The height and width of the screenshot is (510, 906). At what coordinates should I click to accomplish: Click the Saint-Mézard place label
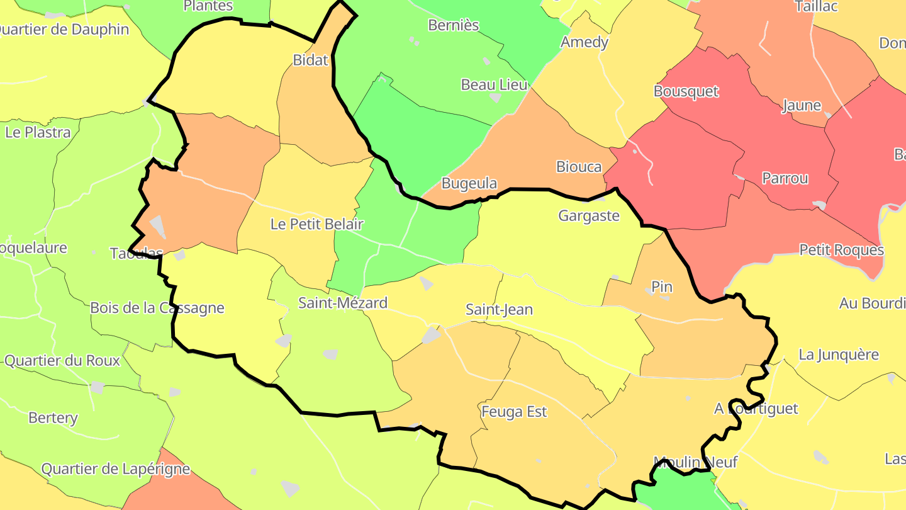click(342, 303)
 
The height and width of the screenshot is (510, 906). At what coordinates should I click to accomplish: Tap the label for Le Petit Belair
click(316, 224)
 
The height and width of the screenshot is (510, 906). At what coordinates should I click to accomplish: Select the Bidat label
click(311, 60)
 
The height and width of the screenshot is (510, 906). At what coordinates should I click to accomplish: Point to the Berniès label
click(453, 25)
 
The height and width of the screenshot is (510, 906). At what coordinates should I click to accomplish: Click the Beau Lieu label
click(494, 84)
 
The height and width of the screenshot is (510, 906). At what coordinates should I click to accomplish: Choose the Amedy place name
click(584, 42)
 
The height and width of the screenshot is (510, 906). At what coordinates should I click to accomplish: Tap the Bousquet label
click(686, 91)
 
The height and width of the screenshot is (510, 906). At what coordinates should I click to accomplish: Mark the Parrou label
click(785, 178)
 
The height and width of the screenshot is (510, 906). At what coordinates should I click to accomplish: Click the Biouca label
click(579, 167)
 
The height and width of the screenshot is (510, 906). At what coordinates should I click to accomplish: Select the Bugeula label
click(469, 184)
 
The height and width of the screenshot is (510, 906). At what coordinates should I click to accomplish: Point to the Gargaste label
click(589, 216)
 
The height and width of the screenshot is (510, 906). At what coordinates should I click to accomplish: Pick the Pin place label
click(662, 287)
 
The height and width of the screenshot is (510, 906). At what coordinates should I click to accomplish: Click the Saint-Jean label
click(499, 310)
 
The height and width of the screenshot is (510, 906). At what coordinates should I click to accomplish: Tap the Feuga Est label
click(514, 412)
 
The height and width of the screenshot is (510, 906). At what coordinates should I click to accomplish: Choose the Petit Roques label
click(841, 250)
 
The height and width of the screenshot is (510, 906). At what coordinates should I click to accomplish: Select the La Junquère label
click(838, 354)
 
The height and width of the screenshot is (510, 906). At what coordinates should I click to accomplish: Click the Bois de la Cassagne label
click(157, 308)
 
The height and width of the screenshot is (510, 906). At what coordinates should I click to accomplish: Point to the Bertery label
click(53, 418)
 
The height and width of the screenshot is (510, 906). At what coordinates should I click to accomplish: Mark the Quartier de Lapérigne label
click(116, 469)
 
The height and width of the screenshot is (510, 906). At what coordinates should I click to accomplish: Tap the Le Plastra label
click(38, 133)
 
